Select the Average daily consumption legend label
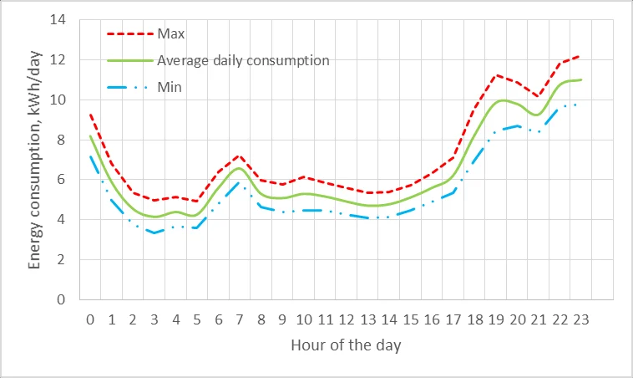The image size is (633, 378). [243, 60]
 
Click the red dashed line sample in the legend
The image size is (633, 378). [129, 34]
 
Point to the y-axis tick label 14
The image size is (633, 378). [58, 20]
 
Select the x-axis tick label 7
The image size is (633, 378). [240, 319]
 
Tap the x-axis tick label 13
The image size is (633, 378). [368, 319]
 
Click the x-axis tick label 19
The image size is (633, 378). [497, 319]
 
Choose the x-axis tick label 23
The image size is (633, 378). [582, 319]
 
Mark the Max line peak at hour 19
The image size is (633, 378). [497, 75]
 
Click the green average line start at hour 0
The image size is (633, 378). [90, 135]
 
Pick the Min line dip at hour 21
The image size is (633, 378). [539, 131]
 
